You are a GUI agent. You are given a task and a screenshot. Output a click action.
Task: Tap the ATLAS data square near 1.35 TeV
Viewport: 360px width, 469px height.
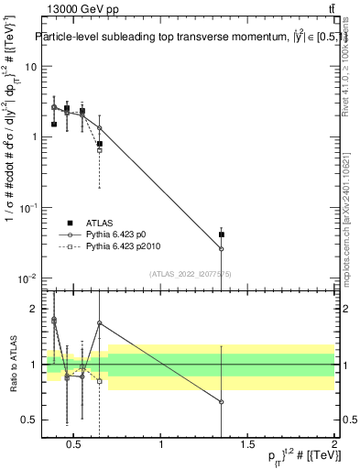click(221, 234)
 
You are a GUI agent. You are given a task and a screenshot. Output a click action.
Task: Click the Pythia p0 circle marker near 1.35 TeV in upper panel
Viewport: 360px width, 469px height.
click(221, 248)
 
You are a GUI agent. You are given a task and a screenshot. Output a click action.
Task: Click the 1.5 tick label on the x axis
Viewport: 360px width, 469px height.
click(247, 445)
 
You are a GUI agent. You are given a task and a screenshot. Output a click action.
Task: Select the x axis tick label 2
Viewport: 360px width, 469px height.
click(333, 445)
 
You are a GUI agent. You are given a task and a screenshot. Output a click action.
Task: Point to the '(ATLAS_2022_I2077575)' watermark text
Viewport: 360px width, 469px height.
click(190, 274)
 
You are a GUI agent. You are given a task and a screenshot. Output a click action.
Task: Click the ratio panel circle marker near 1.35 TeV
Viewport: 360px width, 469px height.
click(221, 402)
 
